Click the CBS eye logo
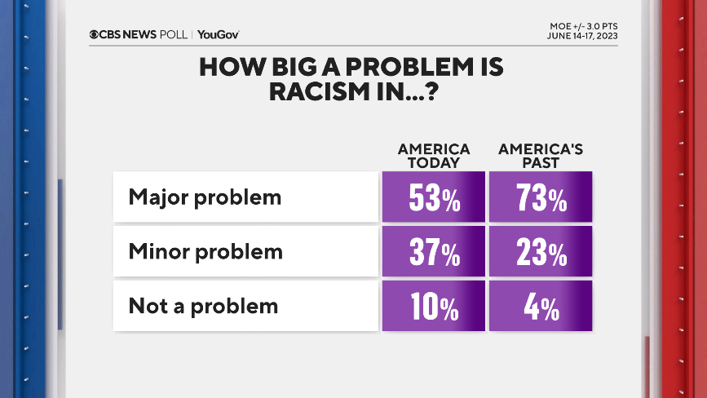(95, 34)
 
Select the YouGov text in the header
(218, 34)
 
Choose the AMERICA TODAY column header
(434, 156)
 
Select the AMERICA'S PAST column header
(540, 156)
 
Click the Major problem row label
(205, 197)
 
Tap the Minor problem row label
(205, 251)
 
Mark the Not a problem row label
(203, 306)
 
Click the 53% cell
(434, 197)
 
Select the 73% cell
(540, 197)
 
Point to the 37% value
(434, 252)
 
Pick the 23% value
(540, 252)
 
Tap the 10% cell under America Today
(434, 307)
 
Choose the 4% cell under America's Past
(540, 307)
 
